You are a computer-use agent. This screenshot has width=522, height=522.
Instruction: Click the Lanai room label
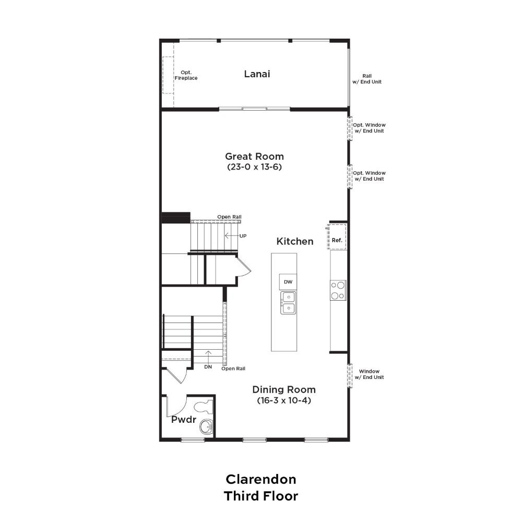click(257, 74)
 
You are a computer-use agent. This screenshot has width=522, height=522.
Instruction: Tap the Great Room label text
click(254, 156)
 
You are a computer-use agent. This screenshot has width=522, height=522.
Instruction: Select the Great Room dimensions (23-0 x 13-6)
click(254, 167)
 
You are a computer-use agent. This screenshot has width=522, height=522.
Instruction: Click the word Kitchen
click(294, 241)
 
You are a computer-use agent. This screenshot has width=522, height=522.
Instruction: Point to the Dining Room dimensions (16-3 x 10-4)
click(284, 400)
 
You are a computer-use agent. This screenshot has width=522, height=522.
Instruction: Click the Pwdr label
click(183, 420)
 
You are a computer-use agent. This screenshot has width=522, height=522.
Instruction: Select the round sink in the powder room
click(206, 427)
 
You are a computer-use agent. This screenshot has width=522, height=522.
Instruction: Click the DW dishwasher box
click(288, 282)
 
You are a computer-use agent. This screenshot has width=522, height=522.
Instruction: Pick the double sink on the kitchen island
click(288, 303)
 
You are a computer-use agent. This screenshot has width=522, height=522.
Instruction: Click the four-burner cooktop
click(338, 290)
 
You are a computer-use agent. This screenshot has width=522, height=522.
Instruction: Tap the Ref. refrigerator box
click(337, 236)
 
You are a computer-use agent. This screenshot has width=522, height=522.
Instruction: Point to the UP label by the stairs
click(243, 236)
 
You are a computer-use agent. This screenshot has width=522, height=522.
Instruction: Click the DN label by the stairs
click(208, 367)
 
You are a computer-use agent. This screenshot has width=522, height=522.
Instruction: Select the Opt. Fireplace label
click(186, 75)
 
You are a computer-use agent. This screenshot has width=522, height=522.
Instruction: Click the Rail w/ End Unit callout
click(367, 79)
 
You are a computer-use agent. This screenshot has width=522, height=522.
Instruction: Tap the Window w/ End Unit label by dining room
click(369, 374)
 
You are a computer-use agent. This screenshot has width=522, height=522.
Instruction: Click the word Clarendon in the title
click(261, 479)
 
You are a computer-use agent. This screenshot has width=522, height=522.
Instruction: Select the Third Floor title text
click(261, 496)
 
